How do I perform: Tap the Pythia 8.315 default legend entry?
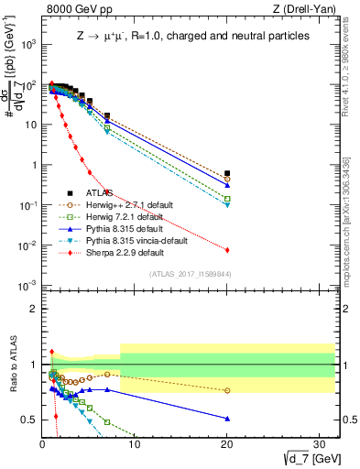coord(121,228)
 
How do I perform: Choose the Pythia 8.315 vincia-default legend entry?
coord(134,240)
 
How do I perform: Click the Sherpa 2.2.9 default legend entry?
coord(121,252)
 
